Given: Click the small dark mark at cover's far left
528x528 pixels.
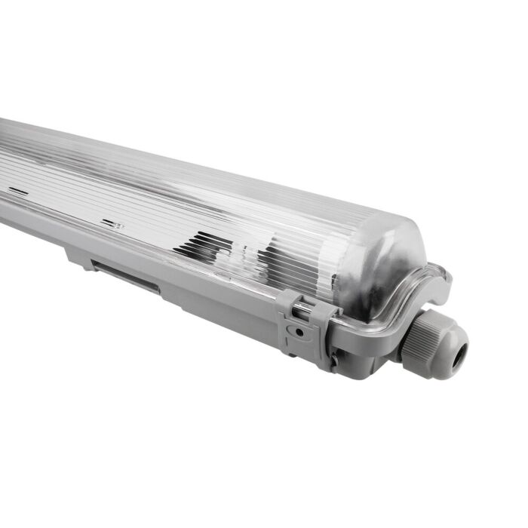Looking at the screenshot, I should pos(19,192).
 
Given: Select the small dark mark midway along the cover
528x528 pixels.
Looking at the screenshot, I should pos(112,224).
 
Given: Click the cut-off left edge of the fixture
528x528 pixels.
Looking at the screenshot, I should pos(3,173).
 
